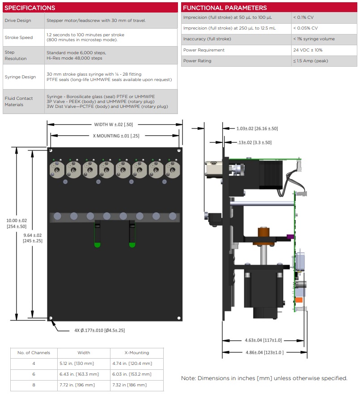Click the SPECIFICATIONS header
pyautogui.click(x=30, y=8)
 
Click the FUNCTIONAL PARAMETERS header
pyautogui.click(x=224, y=8)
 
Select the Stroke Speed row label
pyautogui.click(x=19, y=38)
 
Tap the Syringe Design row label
pyautogui.click(x=20, y=77)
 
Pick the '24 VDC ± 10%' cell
pyautogui.click(x=308, y=50)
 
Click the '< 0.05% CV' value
pyautogui.click(x=305, y=28)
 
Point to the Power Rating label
pyautogui.click(x=197, y=61)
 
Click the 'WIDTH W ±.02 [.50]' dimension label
pyautogui.click(x=114, y=124)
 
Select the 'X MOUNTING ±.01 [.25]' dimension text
pyautogui.click(x=116, y=136)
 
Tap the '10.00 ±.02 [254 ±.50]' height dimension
pyautogui.click(x=17, y=223)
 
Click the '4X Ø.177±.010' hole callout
pyautogui.click(x=99, y=330)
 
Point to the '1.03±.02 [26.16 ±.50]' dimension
pyautogui.click(x=257, y=128)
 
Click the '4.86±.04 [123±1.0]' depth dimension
pyautogui.click(x=265, y=352)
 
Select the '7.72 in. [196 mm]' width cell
pyautogui.click(x=77, y=385)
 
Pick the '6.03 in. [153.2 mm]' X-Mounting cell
pyautogui.click(x=132, y=374)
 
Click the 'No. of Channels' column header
pyautogui.click(x=34, y=353)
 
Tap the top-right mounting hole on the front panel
pyautogui.click(x=179, y=150)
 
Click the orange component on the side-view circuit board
pyautogui.click(x=299, y=300)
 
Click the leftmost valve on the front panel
pyautogui.click(x=57, y=170)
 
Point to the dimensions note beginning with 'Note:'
pyautogui.click(x=264, y=378)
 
